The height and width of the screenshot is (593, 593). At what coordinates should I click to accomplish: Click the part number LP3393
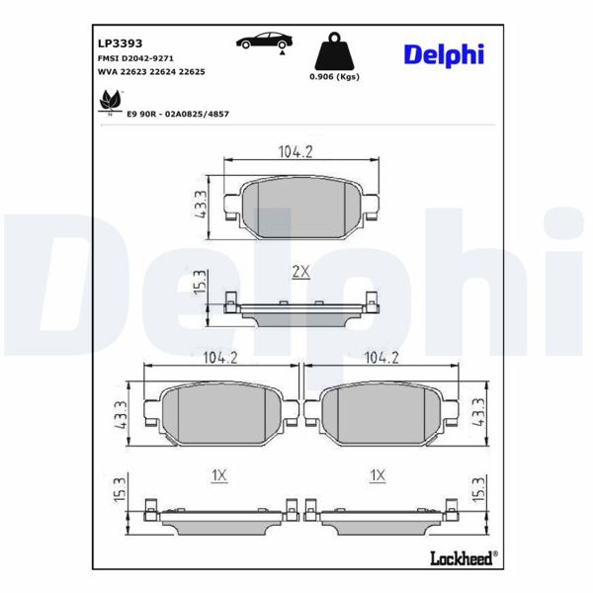coord(119,43)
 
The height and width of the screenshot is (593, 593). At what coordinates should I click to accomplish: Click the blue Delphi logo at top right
coord(444,54)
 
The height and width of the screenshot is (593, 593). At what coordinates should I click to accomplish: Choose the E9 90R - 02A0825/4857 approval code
coord(177,114)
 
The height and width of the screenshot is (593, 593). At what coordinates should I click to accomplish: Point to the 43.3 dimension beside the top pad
coord(201,206)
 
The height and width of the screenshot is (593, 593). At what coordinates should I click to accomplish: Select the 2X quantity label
coord(300,271)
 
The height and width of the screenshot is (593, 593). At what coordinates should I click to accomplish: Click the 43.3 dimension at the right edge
coord(479,411)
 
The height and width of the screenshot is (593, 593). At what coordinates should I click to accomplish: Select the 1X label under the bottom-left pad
coord(219,475)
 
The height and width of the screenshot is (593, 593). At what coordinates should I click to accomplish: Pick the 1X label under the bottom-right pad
coord(376,475)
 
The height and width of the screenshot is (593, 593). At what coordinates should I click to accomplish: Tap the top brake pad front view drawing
coord(301,208)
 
